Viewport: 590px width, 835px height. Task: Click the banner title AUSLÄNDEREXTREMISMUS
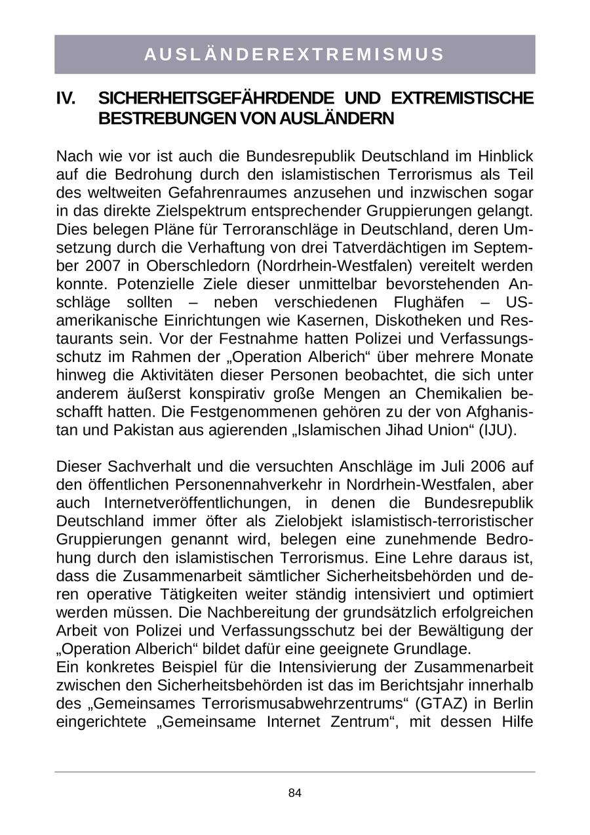(294, 54)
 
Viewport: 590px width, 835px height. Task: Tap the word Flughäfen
(429, 302)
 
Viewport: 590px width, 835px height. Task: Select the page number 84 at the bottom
(294, 793)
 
